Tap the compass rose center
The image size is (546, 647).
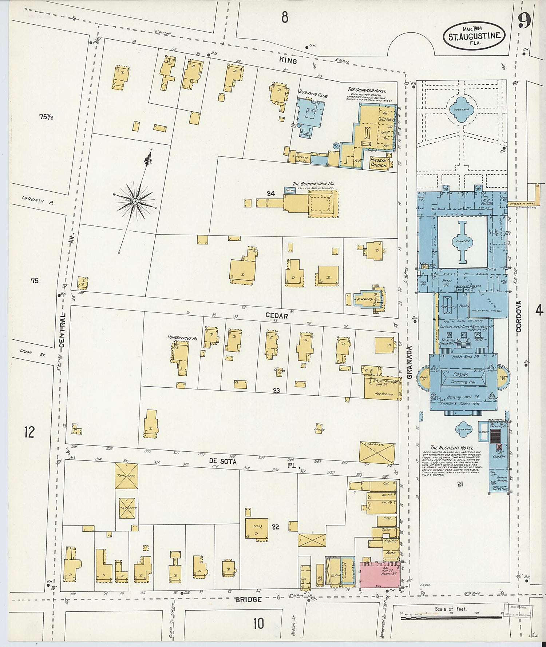coord(135,201)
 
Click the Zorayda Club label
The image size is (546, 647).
coord(313,94)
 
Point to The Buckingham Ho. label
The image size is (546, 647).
coord(313,184)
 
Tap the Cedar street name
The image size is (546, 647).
coord(277,316)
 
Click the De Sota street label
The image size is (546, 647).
coord(223,461)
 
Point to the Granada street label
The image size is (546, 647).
coord(409,362)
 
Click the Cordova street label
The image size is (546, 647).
coord(518,316)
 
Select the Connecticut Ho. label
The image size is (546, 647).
coord(182,338)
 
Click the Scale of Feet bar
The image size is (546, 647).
coord(451,618)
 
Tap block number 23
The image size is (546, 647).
coord(276,391)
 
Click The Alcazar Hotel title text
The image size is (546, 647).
coord(451,448)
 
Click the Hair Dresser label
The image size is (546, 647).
coord(384,394)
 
